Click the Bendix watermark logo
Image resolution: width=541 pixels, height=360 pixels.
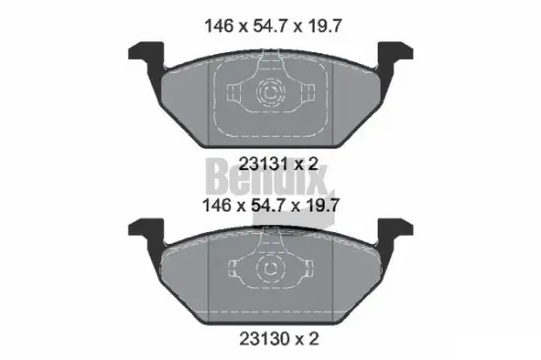270,179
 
